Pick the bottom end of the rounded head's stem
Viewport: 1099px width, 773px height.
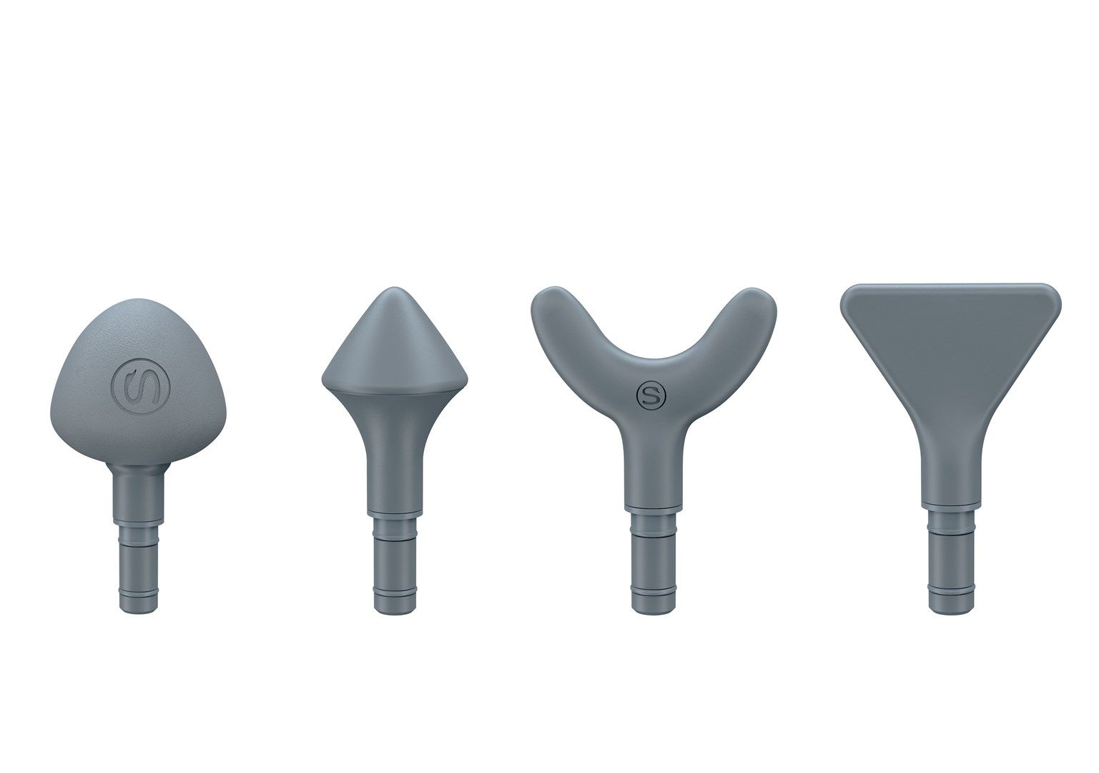[x=138, y=608]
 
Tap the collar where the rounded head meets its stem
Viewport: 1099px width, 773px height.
[x=138, y=469]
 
